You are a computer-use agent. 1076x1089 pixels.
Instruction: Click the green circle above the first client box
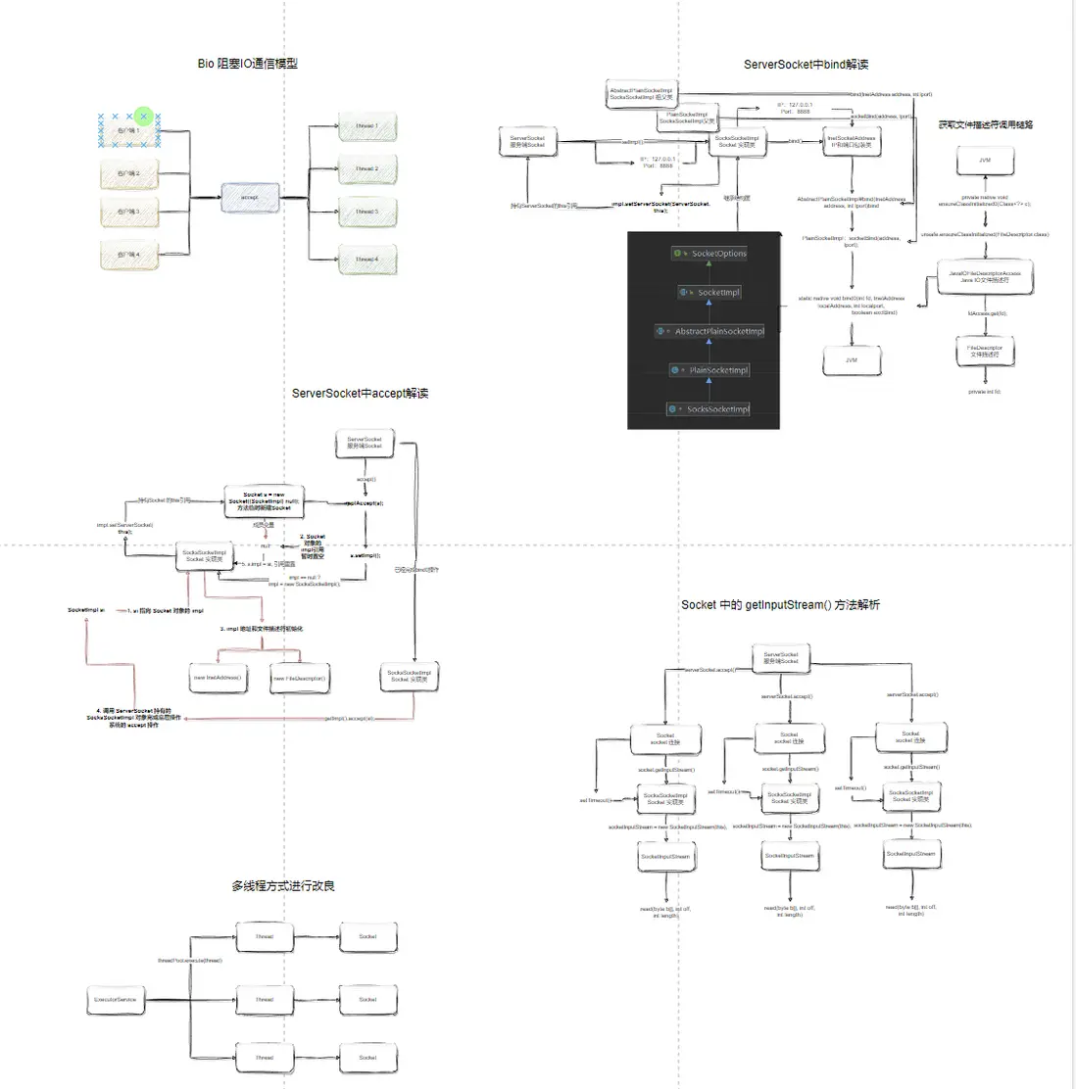[x=144, y=117]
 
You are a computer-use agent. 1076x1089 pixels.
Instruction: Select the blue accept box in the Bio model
[x=250, y=198]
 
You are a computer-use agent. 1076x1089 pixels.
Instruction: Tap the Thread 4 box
[x=367, y=260]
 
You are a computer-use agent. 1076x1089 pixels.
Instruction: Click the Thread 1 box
[x=367, y=126]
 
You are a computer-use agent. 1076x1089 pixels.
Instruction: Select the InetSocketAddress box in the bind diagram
[x=852, y=142]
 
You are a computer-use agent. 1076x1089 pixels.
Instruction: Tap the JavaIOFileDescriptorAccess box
[x=984, y=277]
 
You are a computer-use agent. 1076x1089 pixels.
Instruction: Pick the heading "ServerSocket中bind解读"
[x=806, y=65]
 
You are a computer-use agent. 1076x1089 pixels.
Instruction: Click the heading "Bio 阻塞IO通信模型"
[x=248, y=64]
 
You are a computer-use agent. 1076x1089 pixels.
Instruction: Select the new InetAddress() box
[x=217, y=678]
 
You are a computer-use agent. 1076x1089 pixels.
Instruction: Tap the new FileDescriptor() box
[x=299, y=679]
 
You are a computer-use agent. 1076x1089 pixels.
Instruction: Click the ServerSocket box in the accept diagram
[x=365, y=444]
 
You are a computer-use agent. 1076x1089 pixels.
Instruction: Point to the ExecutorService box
[x=116, y=1000]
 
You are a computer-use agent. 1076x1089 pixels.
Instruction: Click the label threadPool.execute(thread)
[x=190, y=961]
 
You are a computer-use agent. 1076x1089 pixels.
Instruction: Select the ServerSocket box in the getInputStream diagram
[x=781, y=658]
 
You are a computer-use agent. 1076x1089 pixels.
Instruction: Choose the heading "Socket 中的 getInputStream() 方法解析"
[x=781, y=605]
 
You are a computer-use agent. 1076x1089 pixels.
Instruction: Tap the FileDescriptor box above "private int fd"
[x=984, y=351]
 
